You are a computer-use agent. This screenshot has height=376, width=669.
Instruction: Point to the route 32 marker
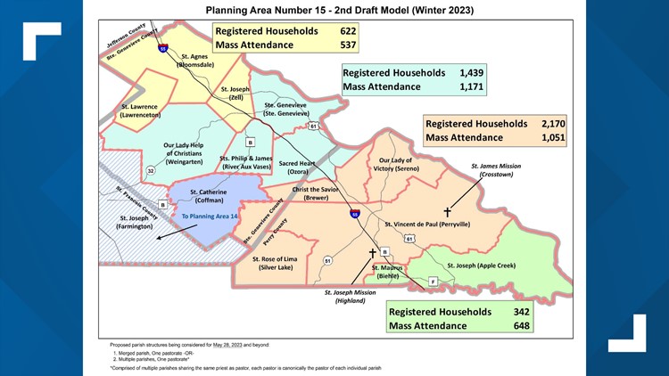pos(151,170)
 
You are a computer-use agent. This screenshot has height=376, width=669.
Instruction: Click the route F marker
pos(433,282)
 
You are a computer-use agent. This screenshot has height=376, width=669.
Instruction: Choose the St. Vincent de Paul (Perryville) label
pos(426,225)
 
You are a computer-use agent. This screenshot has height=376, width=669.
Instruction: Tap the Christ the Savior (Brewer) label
pos(316,194)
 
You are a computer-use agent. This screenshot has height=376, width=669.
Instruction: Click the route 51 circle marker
pos(327,260)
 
